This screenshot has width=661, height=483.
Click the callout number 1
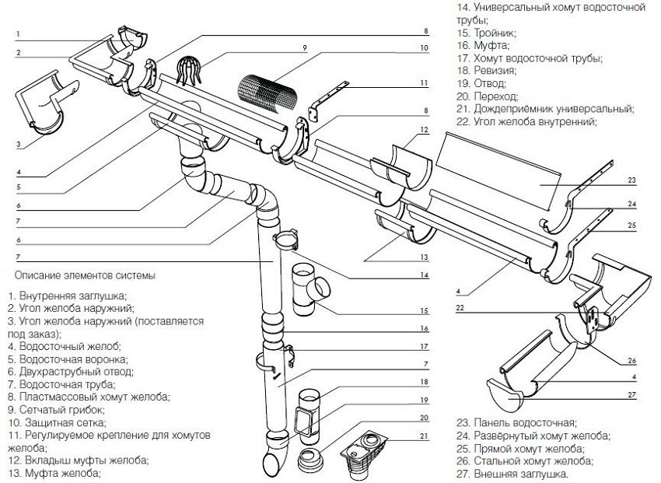[16, 34]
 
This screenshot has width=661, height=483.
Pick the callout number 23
[632, 180]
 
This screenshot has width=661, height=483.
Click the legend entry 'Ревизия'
[499, 70]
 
